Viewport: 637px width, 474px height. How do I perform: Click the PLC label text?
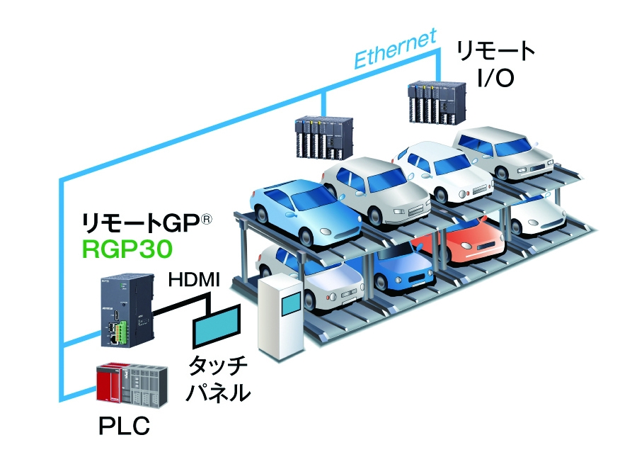tap(124, 427)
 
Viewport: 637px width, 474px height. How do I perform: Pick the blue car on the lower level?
tap(396, 266)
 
